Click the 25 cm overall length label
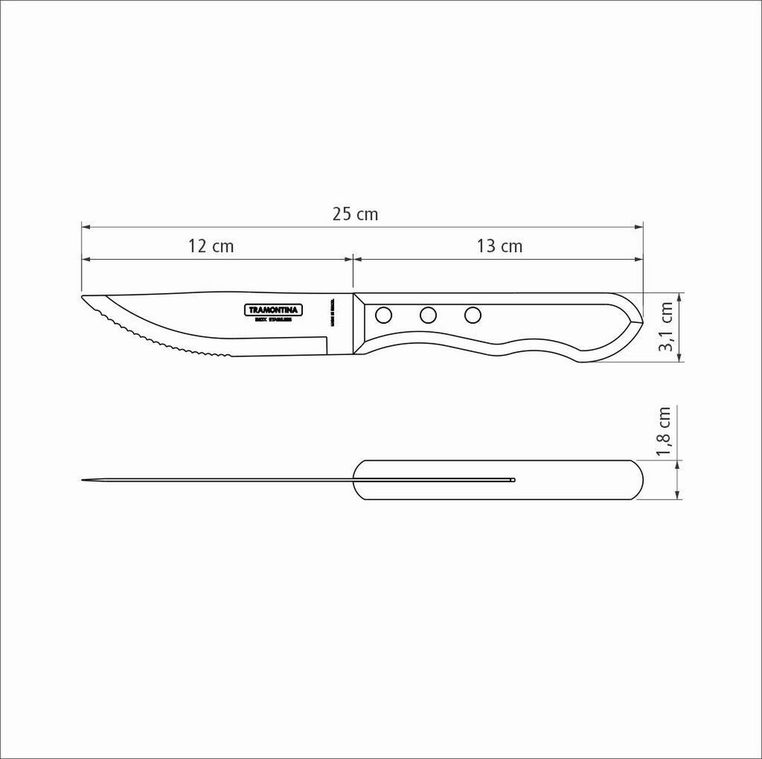tap(355, 214)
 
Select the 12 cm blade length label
tap(211, 246)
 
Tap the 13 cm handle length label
tap(500, 246)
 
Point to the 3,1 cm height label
tap(665, 327)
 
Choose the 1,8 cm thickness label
tap(665, 432)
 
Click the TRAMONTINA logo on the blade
tap(274, 310)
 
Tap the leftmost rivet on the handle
tap(384, 313)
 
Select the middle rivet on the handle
tap(428, 313)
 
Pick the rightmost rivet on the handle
tap(472, 313)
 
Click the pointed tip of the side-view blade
tap(84, 297)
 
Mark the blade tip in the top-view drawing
tap(84, 480)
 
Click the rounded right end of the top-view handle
tap(639, 480)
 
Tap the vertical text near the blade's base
tap(332, 312)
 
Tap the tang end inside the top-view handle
tap(513, 480)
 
